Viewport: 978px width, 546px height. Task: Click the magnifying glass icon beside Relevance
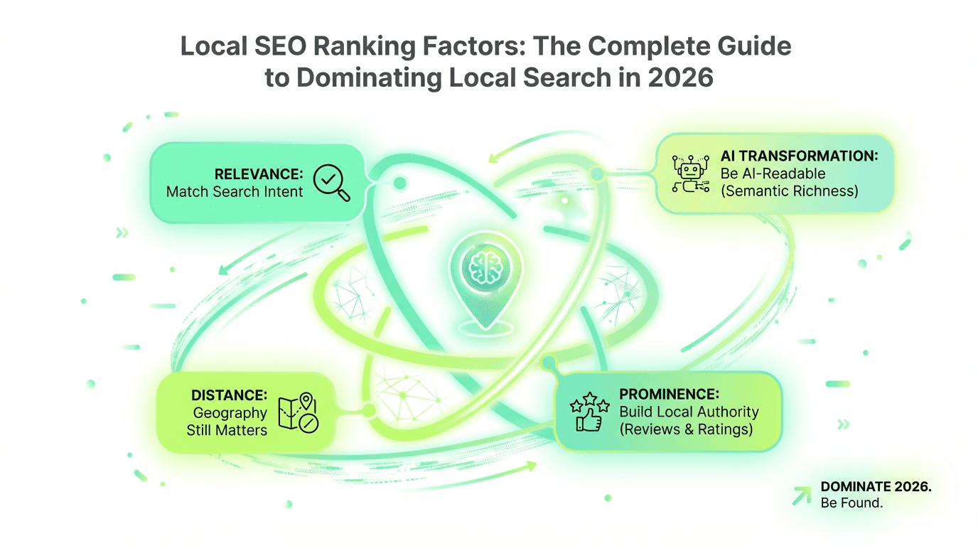tap(331, 182)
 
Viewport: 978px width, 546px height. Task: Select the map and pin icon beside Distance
tap(301, 412)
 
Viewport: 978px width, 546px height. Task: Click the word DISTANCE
tap(230, 395)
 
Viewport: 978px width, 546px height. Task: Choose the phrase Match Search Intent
tap(235, 192)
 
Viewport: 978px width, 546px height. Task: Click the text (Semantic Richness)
tap(790, 191)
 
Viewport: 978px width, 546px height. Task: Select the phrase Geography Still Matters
tap(229, 421)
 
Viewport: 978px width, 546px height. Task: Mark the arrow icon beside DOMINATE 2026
tap(802, 494)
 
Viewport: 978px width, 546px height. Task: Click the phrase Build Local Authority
tap(689, 412)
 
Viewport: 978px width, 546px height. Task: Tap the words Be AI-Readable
tap(774, 173)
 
